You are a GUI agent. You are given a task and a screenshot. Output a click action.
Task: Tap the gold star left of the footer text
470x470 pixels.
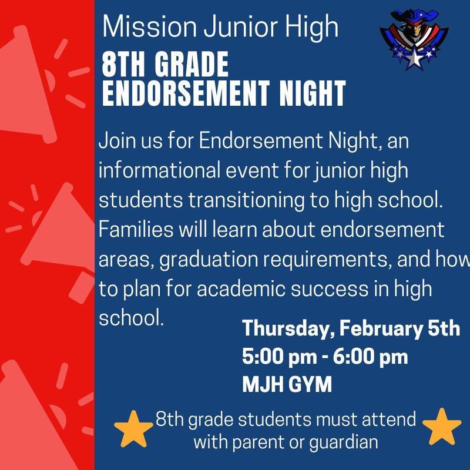[x=133, y=428]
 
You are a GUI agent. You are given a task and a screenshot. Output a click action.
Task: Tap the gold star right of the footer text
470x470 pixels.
[x=442, y=427]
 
